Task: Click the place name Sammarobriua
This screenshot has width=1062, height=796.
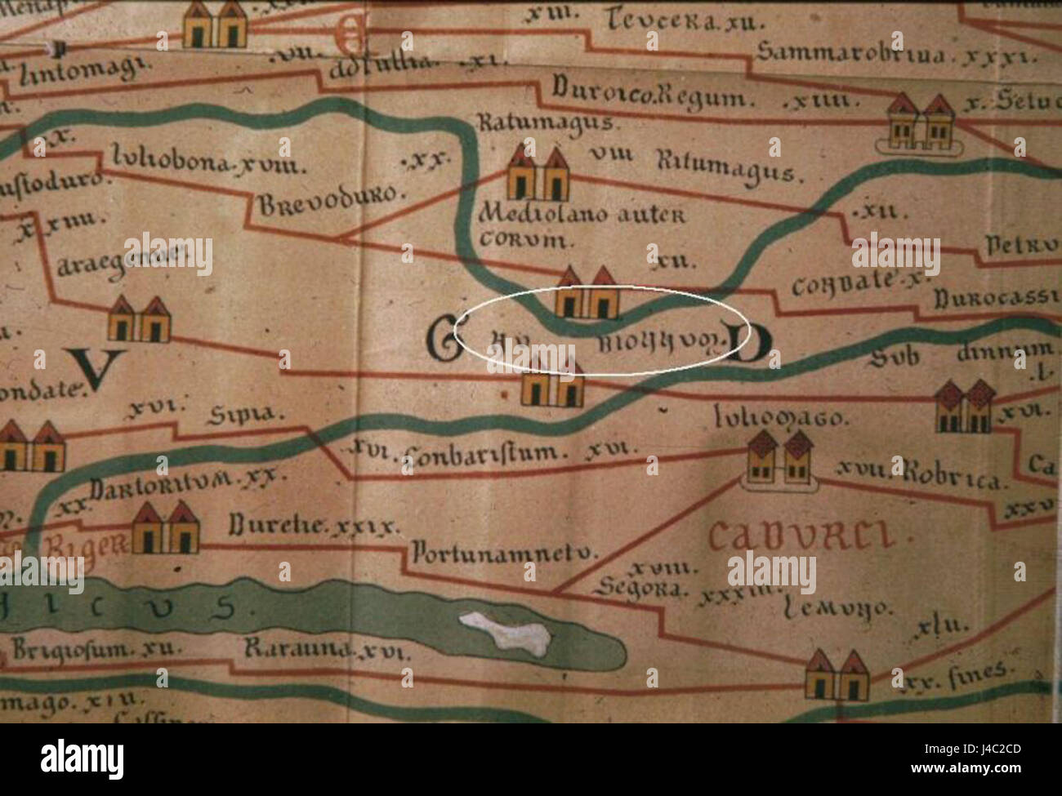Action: [x=850, y=54]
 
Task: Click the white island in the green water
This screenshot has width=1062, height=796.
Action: [x=503, y=633]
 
